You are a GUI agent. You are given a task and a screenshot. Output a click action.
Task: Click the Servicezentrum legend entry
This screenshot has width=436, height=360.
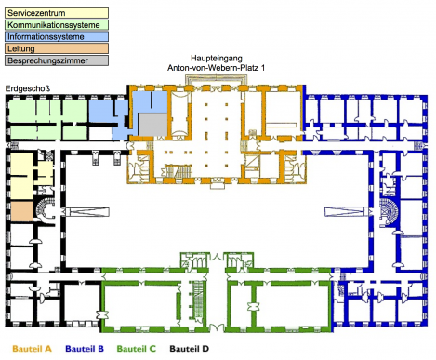(x=57, y=13)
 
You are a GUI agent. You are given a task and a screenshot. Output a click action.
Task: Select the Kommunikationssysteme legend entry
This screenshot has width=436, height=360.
(x=57, y=25)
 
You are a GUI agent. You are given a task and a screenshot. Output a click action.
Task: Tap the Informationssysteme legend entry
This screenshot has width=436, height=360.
(x=57, y=36)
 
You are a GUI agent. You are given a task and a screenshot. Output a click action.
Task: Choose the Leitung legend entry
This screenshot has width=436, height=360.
(x=57, y=48)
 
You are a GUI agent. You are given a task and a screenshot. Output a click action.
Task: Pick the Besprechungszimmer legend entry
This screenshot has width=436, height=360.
(x=57, y=60)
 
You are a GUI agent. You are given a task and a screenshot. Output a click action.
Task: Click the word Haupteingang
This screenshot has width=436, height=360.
(x=217, y=59)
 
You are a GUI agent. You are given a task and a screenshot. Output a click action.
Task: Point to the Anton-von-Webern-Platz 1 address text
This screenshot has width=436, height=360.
(x=217, y=68)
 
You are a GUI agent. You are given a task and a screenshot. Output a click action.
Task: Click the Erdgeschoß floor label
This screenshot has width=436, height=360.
(x=28, y=88)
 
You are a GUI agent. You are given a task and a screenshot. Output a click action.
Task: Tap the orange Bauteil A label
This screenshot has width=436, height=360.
(x=32, y=349)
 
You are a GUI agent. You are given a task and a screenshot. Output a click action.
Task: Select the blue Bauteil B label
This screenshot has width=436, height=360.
(x=85, y=349)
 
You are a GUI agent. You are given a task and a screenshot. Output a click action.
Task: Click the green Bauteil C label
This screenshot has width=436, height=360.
(x=137, y=349)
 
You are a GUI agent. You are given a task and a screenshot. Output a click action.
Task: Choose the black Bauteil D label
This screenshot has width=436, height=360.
(x=189, y=349)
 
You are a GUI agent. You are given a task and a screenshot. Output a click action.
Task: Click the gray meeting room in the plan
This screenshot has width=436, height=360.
(x=152, y=125)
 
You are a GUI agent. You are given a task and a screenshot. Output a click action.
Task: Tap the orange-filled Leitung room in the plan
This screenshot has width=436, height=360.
(x=22, y=210)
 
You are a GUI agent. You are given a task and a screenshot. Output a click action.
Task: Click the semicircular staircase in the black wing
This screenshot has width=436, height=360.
(x=45, y=208)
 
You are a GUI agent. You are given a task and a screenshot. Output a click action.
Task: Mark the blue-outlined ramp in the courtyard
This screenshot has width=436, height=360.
(x=347, y=212)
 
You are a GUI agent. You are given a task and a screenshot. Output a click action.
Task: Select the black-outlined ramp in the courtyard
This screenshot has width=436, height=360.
(x=87, y=212)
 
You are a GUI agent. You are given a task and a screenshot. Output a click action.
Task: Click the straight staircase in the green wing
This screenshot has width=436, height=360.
(x=198, y=300)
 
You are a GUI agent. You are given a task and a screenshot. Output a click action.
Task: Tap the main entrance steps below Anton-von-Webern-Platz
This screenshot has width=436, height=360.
(x=217, y=79)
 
